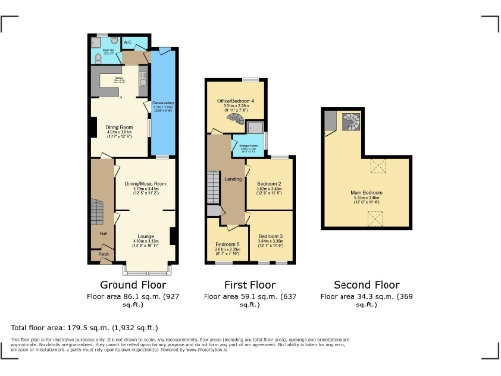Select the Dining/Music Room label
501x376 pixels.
pos(145,183)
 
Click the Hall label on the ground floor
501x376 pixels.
pos(102,233)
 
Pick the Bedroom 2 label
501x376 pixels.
pos(269,184)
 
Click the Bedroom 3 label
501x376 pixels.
pos(271,236)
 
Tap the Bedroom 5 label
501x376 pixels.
pos(227,243)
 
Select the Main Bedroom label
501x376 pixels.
pos(366,193)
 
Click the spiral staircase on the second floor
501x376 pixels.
pos(349,123)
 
